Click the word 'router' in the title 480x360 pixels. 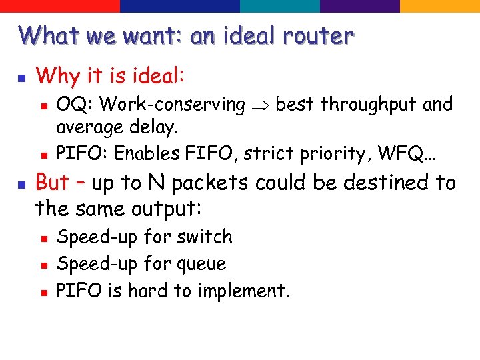pos(317,35)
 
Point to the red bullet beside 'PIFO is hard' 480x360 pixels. pos(42,292)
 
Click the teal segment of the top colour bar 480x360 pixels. pos(280,6)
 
